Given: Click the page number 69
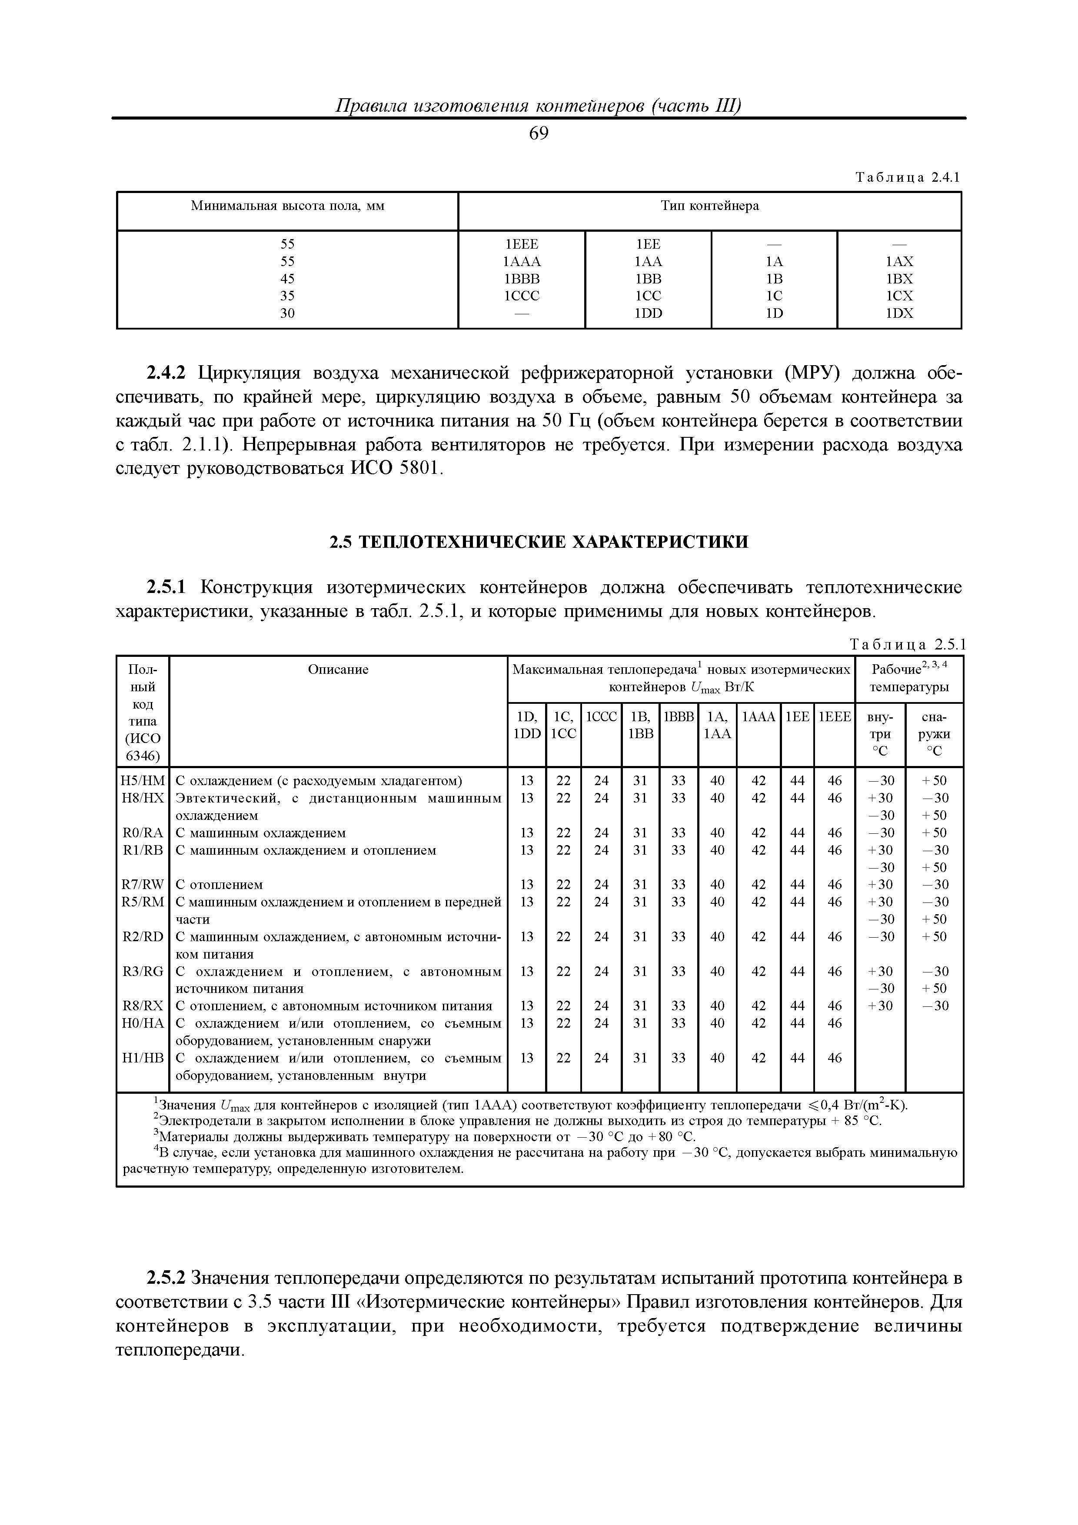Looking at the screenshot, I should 539,134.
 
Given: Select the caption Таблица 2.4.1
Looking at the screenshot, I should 908,177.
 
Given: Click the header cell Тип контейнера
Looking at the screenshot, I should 709,206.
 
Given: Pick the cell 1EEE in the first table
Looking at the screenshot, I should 522,244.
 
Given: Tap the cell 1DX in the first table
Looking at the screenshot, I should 899,313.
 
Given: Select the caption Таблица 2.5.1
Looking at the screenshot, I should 908,644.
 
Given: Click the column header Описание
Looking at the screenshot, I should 338,669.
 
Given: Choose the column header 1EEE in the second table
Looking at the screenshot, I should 834,717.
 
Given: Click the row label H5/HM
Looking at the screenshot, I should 143,780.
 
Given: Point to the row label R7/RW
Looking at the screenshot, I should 143,885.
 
